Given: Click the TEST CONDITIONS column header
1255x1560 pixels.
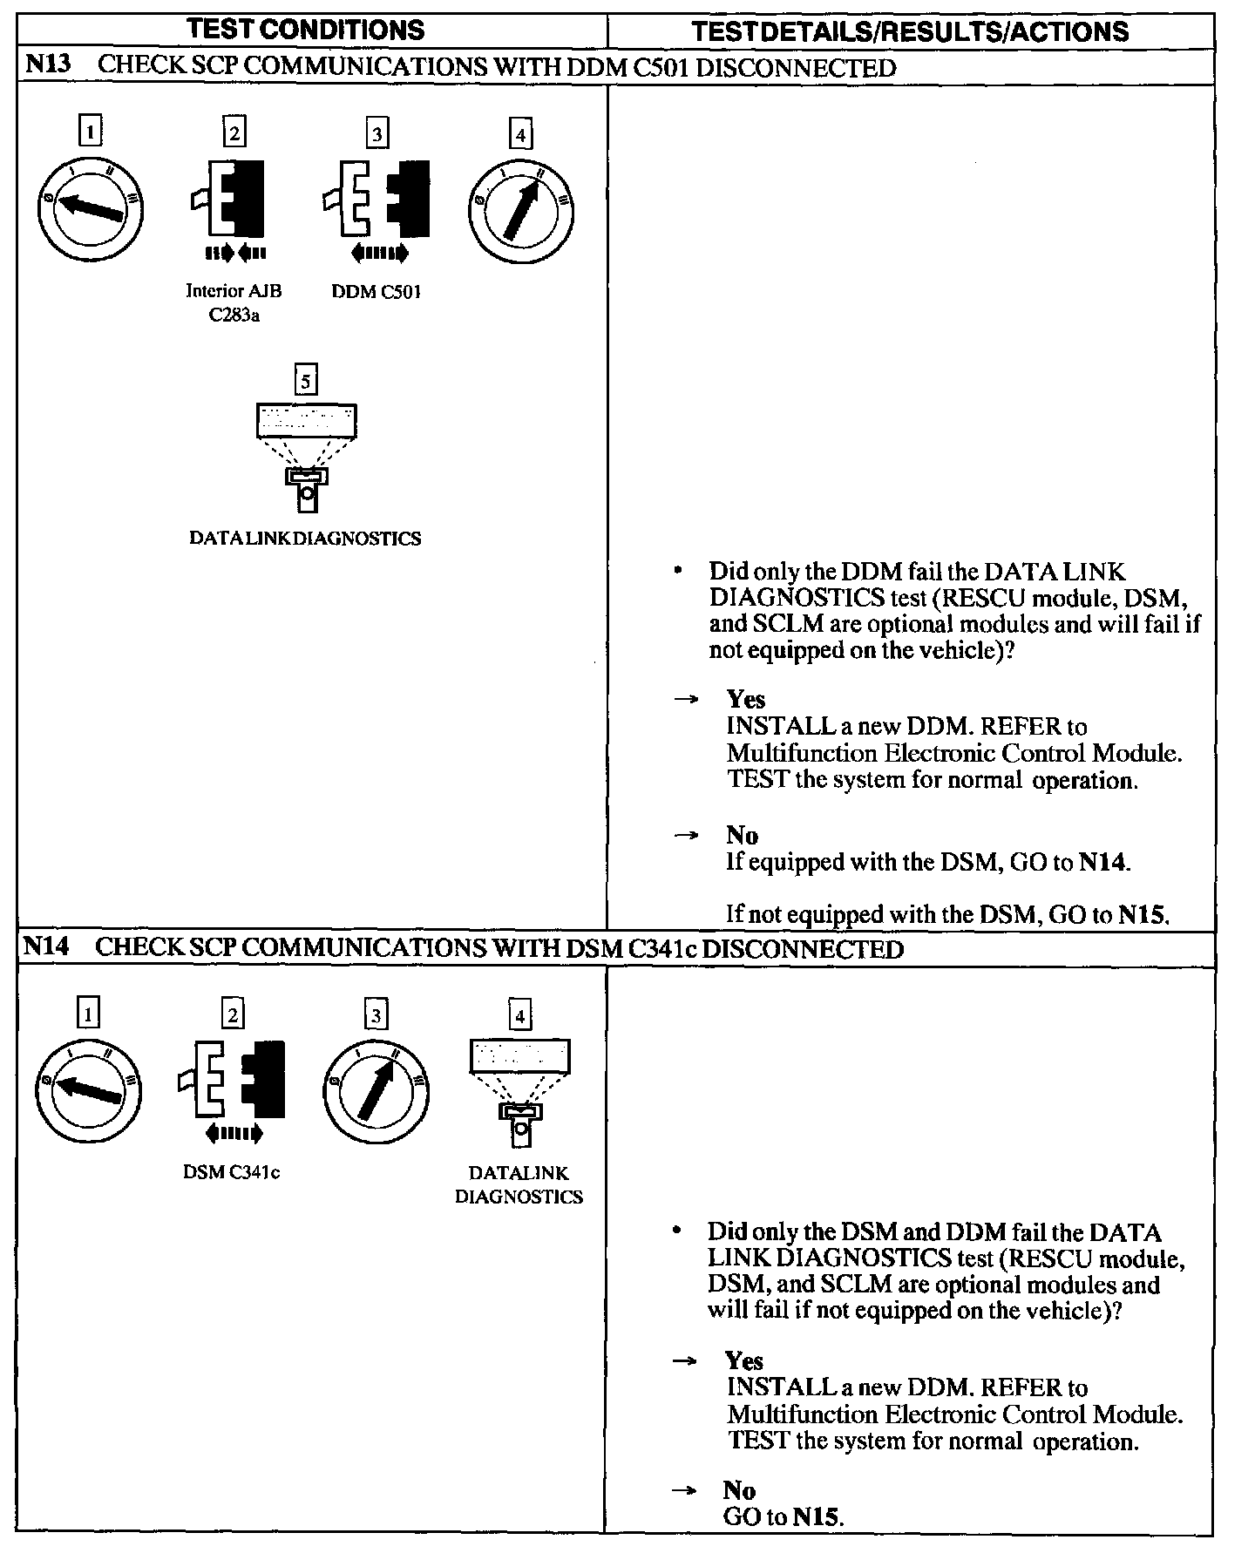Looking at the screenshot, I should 306,30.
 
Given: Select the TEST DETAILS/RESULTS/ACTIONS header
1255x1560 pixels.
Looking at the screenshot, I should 909,31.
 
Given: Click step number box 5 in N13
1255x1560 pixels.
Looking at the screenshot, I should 305,381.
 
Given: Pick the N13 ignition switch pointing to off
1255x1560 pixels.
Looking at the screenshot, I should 90,209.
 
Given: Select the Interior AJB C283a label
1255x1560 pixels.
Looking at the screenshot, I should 234,302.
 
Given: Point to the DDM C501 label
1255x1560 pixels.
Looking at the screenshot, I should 376,292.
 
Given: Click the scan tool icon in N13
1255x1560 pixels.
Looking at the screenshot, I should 306,458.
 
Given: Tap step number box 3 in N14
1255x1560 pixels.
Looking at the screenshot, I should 376,1015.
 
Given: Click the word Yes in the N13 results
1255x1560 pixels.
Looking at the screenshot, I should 746,700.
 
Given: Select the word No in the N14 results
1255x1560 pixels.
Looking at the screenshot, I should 739,1490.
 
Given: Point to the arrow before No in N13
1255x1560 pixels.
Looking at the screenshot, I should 687,835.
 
